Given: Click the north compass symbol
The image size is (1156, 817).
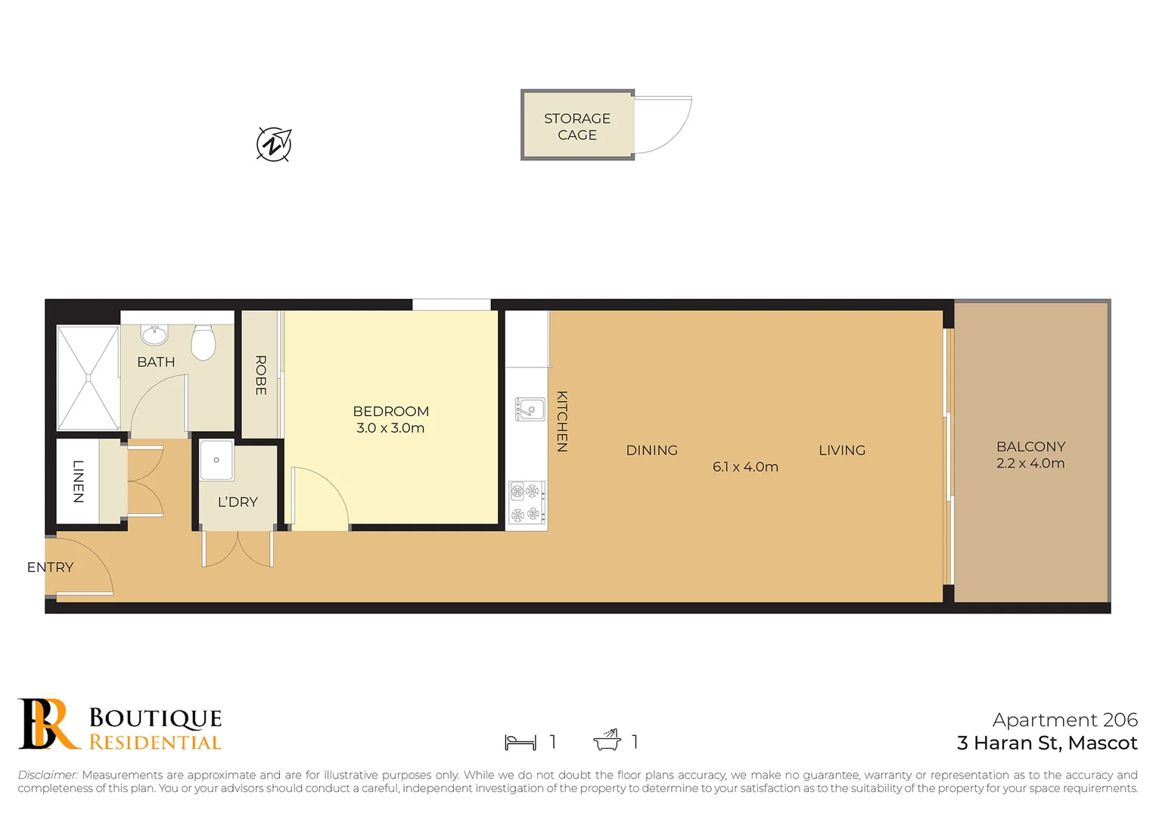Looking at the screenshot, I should click(274, 144).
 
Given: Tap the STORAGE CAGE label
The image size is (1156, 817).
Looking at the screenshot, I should click(577, 126).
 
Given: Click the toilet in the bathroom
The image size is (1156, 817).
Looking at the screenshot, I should click(204, 342).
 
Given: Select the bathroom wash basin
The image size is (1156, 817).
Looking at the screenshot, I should click(155, 334).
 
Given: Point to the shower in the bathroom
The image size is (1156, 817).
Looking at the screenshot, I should click(89, 377).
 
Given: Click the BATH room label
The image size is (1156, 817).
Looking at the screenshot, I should click(156, 362).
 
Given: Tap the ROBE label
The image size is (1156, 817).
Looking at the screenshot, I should click(261, 375).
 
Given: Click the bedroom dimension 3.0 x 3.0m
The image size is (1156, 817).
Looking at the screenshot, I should click(390, 428).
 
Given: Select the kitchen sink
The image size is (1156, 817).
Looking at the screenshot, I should click(530, 409).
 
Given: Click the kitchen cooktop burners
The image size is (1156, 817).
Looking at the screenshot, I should click(526, 503).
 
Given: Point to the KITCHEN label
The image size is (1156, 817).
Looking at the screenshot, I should click(562, 421).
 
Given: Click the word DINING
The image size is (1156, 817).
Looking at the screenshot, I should click(651, 450).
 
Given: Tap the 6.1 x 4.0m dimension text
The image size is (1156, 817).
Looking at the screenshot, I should click(745, 468).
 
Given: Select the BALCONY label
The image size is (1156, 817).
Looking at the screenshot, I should click(1030, 447).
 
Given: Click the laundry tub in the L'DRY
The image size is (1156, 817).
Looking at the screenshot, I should click(216, 460).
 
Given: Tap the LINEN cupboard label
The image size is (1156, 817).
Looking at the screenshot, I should click(78, 481).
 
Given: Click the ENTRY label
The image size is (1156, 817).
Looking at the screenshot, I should click(50, 567).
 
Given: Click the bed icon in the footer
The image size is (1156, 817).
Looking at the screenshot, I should click(521, 742).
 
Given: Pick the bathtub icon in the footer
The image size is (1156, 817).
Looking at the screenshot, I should click(607, 741).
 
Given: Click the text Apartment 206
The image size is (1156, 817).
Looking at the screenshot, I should click(1064, 720).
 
